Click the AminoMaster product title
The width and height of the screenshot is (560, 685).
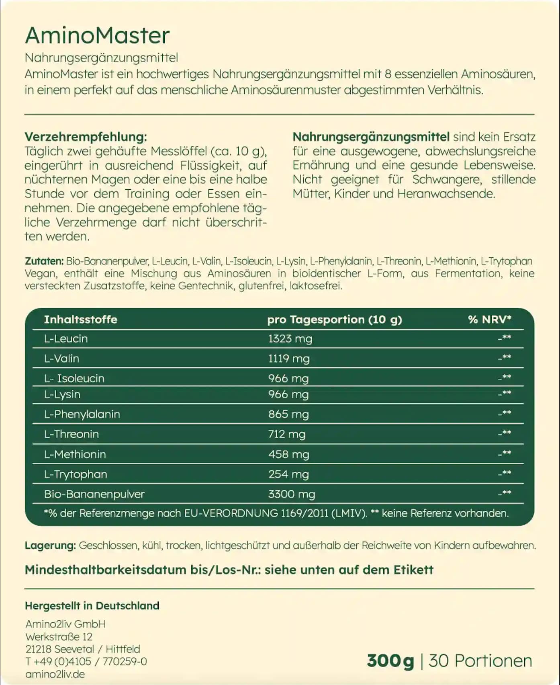97,35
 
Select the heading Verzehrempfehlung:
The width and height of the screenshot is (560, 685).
86,137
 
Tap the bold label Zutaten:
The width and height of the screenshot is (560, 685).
44,261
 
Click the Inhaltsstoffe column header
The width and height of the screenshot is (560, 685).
80,320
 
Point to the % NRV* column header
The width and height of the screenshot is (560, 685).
489,320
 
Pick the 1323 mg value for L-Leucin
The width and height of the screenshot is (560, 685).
290,339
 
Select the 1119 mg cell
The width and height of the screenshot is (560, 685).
289,359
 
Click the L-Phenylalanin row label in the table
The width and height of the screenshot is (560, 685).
82,414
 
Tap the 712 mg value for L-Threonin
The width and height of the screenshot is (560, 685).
287,434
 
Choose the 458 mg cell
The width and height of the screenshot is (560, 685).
289,455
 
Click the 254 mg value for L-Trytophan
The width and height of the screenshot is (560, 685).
288,474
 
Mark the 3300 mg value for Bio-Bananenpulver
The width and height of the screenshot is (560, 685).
292,494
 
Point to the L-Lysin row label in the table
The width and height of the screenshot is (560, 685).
62,394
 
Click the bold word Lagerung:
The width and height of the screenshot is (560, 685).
50,546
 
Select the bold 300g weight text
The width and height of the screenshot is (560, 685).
390,661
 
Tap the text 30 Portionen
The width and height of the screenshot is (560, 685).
480,661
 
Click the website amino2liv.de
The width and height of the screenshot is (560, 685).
55,674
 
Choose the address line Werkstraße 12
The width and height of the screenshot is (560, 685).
59,637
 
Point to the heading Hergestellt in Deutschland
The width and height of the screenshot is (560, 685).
92,606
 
